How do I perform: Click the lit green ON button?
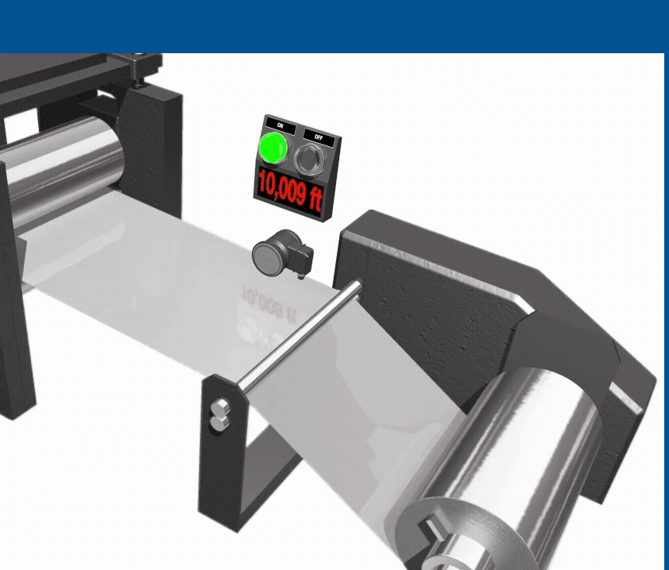click(273, 148)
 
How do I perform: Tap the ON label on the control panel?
click(280, 125)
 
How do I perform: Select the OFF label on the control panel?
click(319, 137)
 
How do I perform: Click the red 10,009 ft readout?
click(290, 191)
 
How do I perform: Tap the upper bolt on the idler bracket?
click(219, 408)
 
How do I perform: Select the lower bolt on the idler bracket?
click(219, 423)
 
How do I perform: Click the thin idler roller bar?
click(300, 336)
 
